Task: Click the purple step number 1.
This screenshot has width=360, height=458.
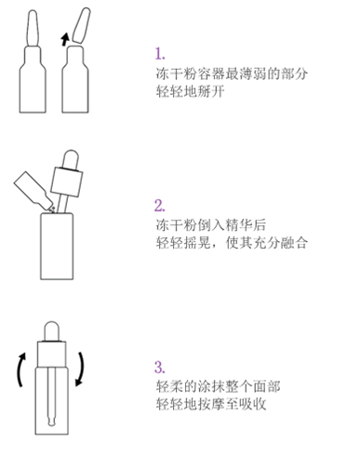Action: pos(160,53)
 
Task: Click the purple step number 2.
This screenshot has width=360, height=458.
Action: pos(160,206)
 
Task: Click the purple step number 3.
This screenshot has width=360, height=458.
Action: pos(160,367)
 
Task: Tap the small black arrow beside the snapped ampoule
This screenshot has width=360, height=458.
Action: pos(65,39)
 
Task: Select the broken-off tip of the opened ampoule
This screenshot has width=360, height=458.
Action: pos(81,25)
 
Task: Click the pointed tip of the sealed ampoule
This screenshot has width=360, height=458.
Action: pos(33,11)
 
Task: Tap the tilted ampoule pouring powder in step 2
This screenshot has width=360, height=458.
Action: pos(33,190)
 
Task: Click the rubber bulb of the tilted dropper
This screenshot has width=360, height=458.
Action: pos(71,159)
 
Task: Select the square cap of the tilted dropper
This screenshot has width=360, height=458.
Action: pos(67,182)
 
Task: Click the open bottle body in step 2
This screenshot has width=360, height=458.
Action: pos(57,246)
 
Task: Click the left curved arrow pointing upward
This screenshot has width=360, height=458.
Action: pos(20,370)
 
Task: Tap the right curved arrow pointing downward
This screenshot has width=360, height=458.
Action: pos(81,370)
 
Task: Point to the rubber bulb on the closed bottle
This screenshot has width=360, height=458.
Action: pos(51,331)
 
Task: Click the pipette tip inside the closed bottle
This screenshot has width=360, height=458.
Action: pos(51,422)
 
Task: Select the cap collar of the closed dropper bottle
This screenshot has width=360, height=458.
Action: pos(51,354)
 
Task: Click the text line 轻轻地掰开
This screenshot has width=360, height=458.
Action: pos(190,91)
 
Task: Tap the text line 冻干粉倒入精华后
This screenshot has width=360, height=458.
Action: pos(210,225)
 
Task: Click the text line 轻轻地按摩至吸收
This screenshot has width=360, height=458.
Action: pos(211,404)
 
